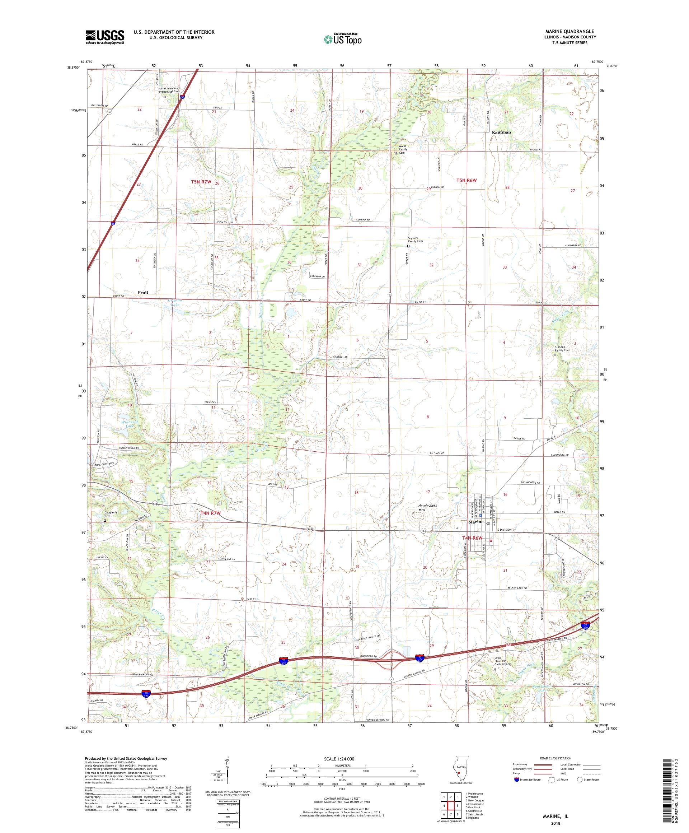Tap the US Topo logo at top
point(343,38)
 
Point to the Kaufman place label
point(501,132)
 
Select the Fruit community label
point(143,292)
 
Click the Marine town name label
point(476,522)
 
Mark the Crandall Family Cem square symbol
point(555,355)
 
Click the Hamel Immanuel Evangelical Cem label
point(169,90)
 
